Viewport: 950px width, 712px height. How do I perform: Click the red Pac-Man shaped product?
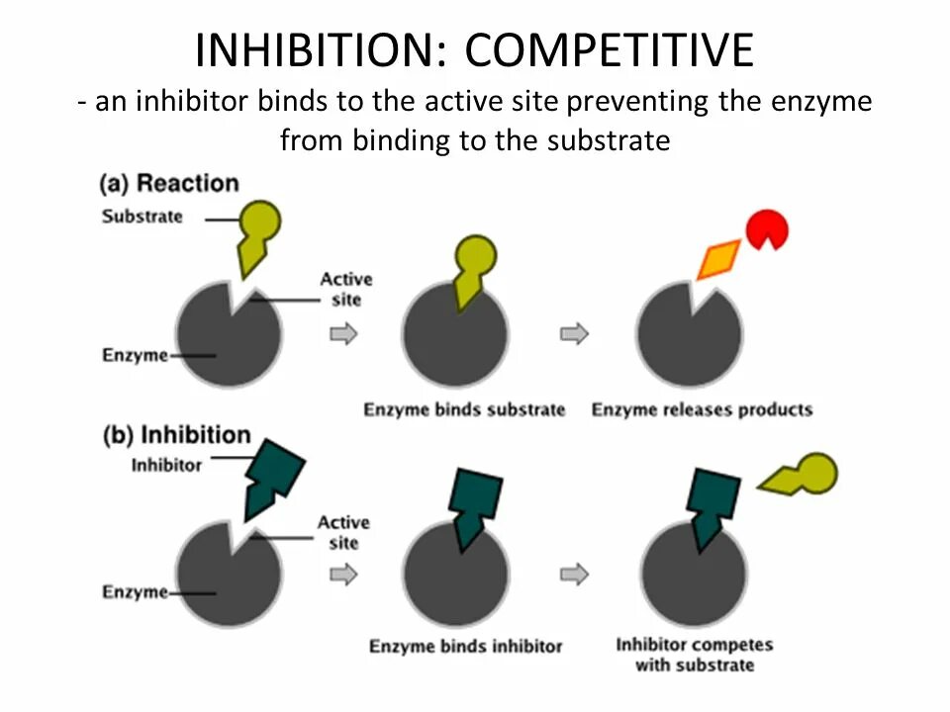pos(768,229)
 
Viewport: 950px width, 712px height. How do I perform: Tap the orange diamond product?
pos(718,259)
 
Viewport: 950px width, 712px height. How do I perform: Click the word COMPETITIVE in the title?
pos(610,49)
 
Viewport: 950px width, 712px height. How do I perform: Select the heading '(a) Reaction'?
pos(170,184)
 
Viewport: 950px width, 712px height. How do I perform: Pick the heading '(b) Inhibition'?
pos(177,435)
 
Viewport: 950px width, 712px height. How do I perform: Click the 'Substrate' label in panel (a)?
pos(142,217)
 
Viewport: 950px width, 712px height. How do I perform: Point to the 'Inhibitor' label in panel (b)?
pos(166,464)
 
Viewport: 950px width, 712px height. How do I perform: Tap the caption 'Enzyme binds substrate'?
pos(464,409)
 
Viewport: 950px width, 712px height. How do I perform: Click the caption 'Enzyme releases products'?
pos(702,409)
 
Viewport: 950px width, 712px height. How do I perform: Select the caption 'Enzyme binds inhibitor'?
pos(465,647)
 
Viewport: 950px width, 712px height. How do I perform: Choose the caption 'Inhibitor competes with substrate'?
pos(695,655)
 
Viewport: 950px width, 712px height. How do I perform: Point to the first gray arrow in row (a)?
pos(343,334)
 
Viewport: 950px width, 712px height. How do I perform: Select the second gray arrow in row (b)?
pos(574,574)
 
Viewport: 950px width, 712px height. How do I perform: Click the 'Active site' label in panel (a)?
pos(345,290)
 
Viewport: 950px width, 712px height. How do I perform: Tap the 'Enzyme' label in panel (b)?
pos(136,592)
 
